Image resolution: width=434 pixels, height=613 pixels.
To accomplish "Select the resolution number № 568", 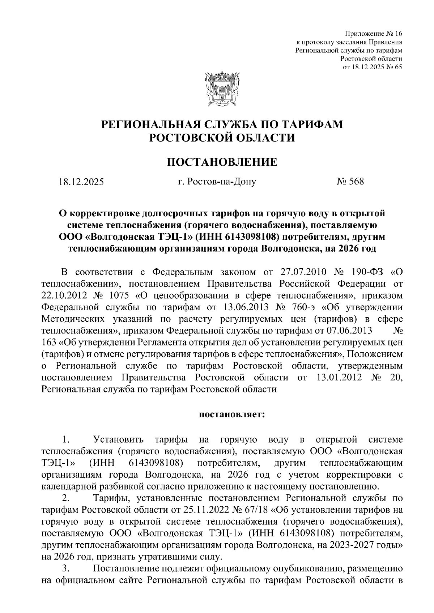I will pos(350,182).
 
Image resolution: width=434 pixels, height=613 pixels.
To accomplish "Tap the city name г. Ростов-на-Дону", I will pos(217,182).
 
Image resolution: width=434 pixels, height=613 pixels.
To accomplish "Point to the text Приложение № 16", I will pos(374,34).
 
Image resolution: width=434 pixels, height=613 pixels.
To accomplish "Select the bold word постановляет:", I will pos(232,414).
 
